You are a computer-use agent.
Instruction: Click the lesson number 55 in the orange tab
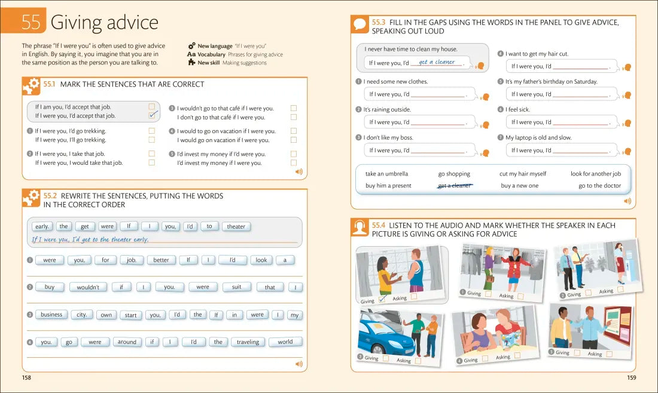[31, 22]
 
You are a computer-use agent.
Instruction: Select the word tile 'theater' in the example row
[236, 226]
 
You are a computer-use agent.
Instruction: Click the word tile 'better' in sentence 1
[161, 260]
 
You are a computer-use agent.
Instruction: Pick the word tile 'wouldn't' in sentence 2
[88, 287]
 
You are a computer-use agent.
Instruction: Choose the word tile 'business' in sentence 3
[51, 315]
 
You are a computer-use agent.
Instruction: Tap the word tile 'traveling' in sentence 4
[248, 342]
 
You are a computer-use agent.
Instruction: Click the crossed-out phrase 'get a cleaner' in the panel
[455, 186]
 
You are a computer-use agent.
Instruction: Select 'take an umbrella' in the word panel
[386, 174]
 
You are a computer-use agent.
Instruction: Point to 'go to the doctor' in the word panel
[599, 186]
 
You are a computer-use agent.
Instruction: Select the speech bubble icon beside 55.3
[360, 24]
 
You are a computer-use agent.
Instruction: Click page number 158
[26, 377]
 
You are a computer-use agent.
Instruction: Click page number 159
[631, 377]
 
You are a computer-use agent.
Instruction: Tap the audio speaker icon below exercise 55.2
[298, 364]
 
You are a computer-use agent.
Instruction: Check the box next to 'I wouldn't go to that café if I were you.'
[294, 108]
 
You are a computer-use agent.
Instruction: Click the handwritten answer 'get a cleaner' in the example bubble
[437, 62]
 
